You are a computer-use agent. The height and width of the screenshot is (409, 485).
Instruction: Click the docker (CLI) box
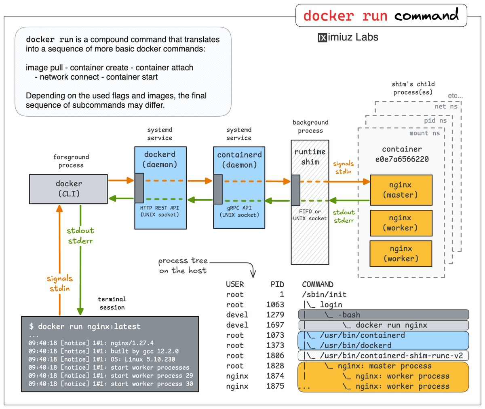coord(68,189)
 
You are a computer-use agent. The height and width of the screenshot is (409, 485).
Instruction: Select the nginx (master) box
coord(401,190)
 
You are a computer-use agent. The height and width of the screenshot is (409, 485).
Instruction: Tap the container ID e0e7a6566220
coord(402,159)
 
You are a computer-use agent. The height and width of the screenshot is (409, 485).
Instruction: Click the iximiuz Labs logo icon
coord(322,38)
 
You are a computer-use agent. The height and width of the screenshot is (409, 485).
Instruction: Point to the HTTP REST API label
coord(159,208)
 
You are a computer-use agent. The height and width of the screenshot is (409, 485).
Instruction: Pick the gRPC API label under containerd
coord(239,208)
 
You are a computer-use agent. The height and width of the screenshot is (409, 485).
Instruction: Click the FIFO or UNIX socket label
coord(310,215)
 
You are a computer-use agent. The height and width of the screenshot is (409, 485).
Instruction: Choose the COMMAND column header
coord(318,284)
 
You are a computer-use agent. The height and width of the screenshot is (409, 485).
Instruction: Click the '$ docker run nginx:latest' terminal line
coord(84,326)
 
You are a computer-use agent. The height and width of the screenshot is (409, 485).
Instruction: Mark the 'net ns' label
coord(446,107)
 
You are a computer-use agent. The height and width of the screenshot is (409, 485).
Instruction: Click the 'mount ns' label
coord(424,133)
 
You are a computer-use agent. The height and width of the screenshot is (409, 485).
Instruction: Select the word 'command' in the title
coord(426,16)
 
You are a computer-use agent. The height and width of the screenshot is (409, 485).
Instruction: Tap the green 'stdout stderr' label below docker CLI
coord(80,236)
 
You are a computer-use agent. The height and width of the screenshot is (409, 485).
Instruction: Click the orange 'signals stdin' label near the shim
coord(343,167)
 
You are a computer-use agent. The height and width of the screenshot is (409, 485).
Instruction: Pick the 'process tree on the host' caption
coord(183,266)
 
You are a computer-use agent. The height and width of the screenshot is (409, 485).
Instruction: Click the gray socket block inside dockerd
coord(139,188)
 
